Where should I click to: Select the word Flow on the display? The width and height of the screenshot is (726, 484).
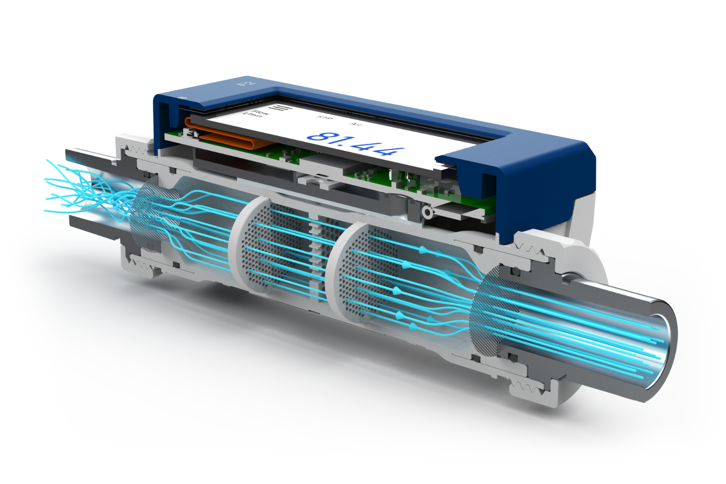pyautogui.click(x=261, y=112)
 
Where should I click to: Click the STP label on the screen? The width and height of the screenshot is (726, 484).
pyautogui.click(x=325, y=117)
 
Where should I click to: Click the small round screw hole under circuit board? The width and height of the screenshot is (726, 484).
pyautogui.click(x=428, y=212)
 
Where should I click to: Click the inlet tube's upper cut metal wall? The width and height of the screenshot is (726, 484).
pyautogui.click(x=90, y=156)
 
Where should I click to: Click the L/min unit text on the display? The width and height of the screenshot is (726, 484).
pyautogui.click(x=252, y=116)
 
